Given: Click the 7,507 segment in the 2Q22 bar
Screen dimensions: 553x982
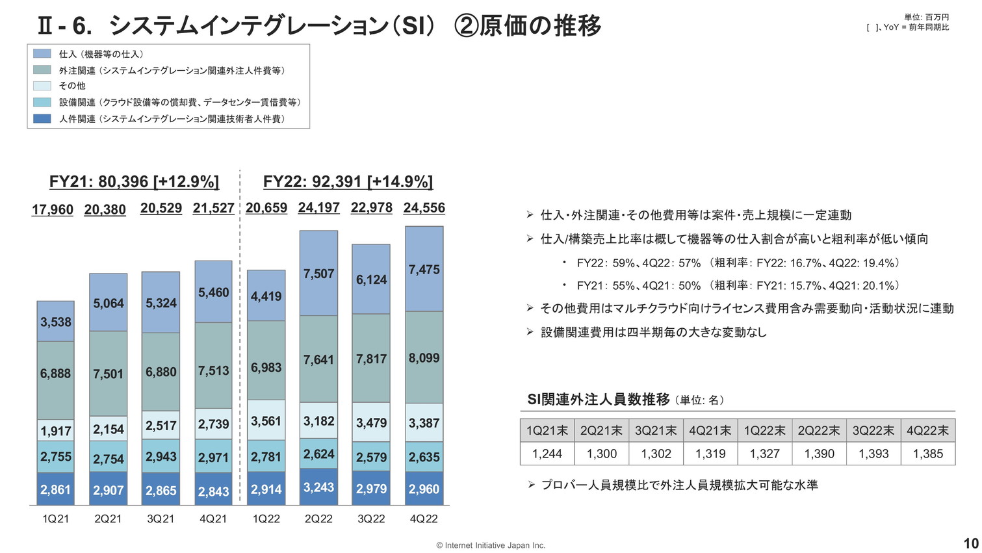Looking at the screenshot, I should point(318,274).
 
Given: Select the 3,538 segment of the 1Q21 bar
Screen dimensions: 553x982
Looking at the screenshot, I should point(56,322).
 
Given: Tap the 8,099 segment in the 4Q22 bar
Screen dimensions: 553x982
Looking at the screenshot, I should point(424,357).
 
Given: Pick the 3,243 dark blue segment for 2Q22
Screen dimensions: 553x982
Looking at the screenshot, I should point(318,487).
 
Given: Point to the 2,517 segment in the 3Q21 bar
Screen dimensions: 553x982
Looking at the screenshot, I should point(161,426).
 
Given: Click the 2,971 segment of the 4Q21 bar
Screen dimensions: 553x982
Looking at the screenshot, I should point(213,457).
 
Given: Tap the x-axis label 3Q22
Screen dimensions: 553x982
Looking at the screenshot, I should point(371,519).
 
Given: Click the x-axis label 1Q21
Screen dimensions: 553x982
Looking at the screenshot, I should point(56,519).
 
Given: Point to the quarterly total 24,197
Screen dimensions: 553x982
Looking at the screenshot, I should point(318,208).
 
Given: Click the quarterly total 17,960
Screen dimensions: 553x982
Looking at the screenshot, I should point(53,210).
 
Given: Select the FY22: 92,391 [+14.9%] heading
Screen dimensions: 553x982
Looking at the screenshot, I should point(348,181).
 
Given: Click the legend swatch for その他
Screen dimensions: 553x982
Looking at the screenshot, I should point(42,86).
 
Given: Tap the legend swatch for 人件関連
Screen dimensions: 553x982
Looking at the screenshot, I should point(42,119).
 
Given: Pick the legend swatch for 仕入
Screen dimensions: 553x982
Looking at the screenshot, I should point(42,54).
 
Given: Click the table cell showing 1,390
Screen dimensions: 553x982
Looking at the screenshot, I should point(819,454).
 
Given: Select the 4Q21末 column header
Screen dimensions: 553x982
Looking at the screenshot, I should point(710,431).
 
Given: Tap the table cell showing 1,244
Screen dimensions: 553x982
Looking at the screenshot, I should point(547,454).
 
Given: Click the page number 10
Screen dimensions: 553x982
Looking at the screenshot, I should point(970,543).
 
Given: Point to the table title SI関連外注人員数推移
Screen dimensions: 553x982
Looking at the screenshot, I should point(598,400).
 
